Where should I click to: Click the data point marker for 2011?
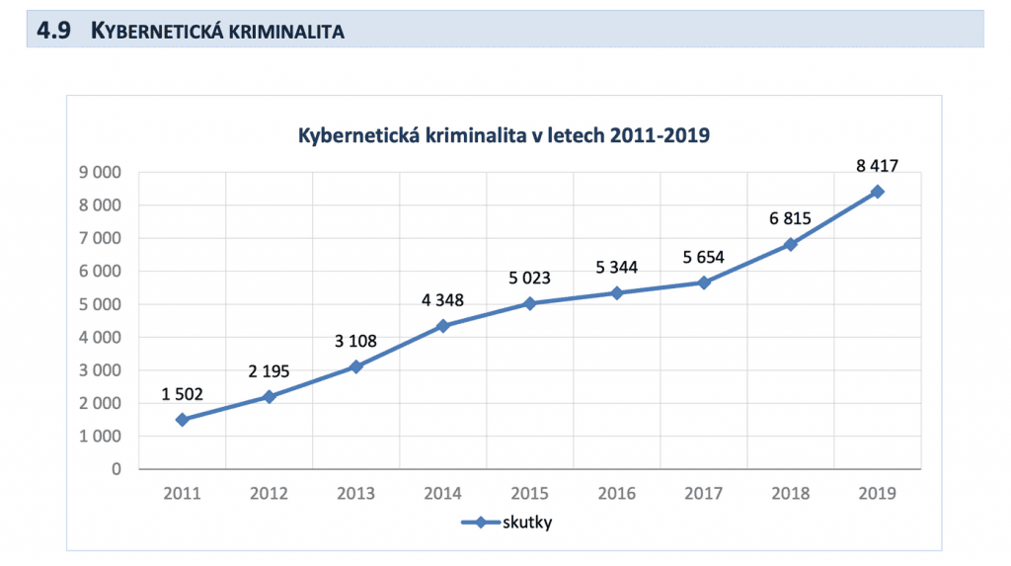(x=182, y=420)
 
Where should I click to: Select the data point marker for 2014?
(x=443, y=326)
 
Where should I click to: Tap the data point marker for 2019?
(x=878, y=192)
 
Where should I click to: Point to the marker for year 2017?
(x=704, y=283)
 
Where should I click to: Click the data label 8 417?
(x=878, y=166)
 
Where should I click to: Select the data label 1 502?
(x=182, y=394)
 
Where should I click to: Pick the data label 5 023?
(x=530, y=278)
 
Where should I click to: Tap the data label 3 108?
(x=356, y=342)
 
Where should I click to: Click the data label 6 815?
(x=791, y=218)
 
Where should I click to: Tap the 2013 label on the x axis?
(x=356, y=493)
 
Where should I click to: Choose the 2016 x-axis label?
(x=617, y=493)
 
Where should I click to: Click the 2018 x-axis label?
(x=791, y=493)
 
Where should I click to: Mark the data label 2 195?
(x=269, y=370)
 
